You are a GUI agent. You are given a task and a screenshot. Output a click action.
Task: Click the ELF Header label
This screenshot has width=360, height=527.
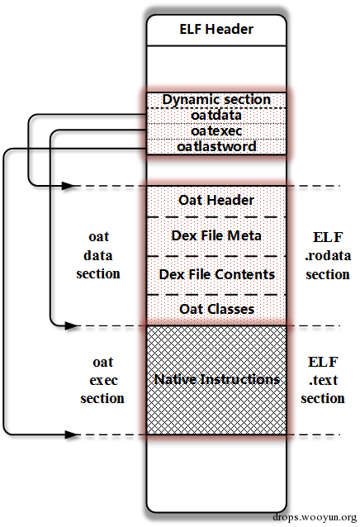point(216,29)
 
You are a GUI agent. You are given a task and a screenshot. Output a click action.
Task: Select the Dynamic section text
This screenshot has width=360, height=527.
point(216,99)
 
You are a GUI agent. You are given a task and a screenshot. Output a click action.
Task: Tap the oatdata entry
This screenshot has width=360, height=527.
point(216,116)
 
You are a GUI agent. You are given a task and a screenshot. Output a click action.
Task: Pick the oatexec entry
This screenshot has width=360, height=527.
point(216,131)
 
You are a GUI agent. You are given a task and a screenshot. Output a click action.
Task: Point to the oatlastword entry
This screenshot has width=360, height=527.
point(216,146)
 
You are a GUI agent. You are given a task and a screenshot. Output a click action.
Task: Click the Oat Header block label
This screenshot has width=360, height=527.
point(216,200)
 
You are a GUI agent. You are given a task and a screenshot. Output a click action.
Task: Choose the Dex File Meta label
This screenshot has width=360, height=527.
point(216,235)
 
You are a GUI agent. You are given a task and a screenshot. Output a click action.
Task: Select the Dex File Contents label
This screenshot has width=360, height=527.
point(217,274)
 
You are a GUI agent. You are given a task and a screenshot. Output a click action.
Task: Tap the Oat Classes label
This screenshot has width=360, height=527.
point(217,309)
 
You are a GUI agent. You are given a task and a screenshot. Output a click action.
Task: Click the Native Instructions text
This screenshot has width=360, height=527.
point(217,379)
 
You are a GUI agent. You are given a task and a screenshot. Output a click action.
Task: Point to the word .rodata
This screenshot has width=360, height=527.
point(328,256)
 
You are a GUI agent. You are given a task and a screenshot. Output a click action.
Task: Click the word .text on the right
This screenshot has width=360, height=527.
point(323,380)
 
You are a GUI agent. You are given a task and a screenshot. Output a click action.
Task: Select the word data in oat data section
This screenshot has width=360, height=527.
point(98,255)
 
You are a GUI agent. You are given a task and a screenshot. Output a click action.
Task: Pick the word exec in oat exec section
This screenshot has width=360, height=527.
point(103,381)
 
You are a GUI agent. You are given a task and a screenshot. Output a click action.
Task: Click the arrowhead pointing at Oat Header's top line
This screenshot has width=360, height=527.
point(69,186)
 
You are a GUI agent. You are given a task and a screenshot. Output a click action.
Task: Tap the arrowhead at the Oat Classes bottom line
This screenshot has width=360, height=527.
point(71,325)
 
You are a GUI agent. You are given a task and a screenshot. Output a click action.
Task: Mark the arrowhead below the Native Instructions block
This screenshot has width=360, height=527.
point(71,434)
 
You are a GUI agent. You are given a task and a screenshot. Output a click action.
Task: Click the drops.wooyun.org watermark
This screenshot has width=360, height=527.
point(315,517)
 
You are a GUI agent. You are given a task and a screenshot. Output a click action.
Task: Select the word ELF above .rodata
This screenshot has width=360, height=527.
point(328,237)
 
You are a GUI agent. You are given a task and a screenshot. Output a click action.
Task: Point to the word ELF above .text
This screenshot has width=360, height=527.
point(323,362)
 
